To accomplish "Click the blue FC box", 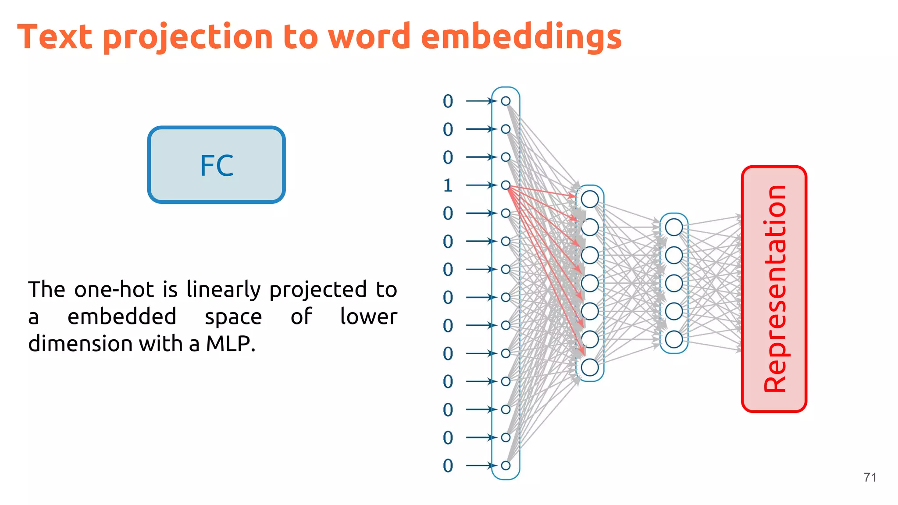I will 217,165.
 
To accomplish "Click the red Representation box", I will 774,289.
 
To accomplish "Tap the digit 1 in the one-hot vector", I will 448,185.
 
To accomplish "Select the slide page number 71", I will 870,477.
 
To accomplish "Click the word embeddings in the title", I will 521,37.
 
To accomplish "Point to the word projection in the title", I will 188,38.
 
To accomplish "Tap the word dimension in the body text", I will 80,344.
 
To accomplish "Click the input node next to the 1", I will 506,185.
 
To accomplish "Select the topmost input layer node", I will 506,101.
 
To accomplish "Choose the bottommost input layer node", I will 506,466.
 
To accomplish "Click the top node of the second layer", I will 590,199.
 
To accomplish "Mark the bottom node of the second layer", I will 590,367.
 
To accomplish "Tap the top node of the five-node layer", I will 674,227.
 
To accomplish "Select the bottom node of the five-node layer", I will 674,339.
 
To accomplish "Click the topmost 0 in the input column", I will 448,101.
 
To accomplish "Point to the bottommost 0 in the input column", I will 448,466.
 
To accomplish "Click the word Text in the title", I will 55,37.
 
